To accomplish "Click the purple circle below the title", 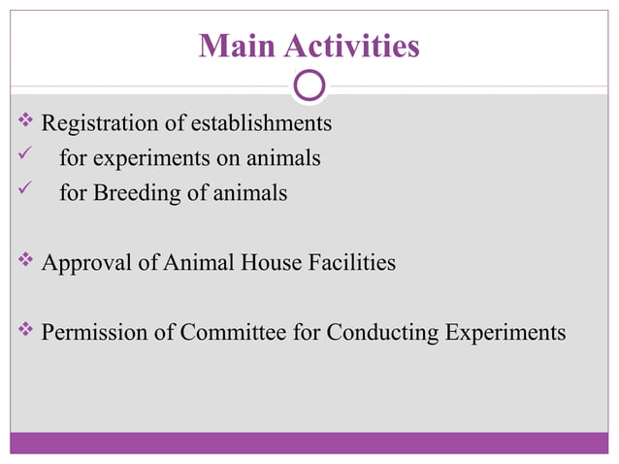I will pos(309,86).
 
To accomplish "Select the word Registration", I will pos(99,123).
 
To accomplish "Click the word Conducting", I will pos(382,332).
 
